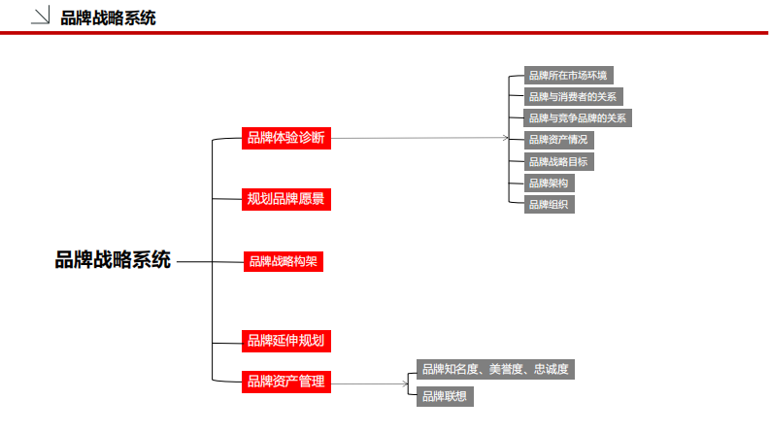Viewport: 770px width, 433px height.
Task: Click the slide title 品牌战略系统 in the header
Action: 108,17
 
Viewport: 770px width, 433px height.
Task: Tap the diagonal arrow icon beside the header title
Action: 42,16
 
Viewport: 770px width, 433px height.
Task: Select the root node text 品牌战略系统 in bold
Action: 113,260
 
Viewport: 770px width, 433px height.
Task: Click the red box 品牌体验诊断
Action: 286,138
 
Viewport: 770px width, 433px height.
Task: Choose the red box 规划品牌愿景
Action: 286,199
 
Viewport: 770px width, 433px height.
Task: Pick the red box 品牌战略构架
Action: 283,261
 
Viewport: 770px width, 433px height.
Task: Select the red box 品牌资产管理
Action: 286,382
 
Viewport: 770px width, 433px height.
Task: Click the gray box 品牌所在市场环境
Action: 568,76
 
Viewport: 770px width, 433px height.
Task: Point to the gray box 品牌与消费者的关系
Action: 572,97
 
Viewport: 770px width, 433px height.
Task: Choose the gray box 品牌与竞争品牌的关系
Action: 578,118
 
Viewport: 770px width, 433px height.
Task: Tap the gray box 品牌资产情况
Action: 558,140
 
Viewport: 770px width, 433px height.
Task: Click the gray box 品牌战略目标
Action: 557,161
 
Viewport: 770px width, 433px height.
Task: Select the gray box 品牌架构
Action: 548,183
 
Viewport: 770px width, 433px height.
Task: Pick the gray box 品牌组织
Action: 548,204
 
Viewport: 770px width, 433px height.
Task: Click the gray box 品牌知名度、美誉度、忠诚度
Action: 495,369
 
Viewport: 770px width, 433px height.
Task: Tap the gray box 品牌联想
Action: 445,395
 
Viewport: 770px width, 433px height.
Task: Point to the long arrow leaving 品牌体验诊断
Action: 418,138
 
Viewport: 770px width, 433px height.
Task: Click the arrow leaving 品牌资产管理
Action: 369,383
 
